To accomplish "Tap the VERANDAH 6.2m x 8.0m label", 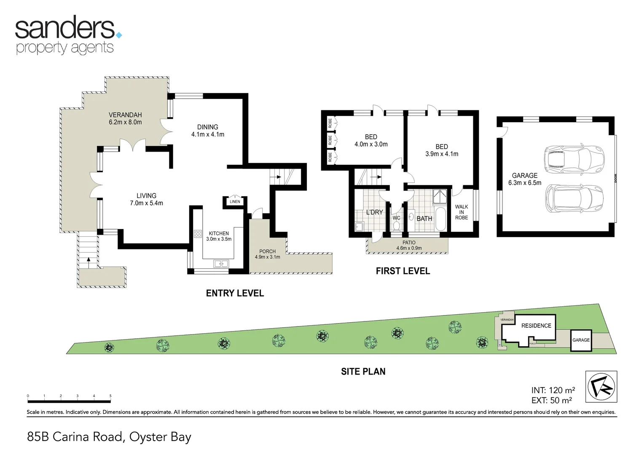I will (x=125, y=118).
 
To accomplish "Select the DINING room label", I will (x=208, y=131).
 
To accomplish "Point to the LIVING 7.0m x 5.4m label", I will (x=146, y=199).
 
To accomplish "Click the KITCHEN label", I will (x=219, y=236).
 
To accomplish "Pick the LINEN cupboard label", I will (x=235, y=202).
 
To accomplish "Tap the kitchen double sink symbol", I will (x=221, y=264).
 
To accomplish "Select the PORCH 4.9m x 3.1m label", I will (x=267, y=254).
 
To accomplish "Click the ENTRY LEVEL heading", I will (x=235, y=293).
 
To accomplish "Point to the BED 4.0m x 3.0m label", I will (x=371, y=140).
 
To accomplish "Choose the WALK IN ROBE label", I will (x=462, y=212).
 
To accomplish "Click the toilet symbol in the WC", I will (x=396, y=226).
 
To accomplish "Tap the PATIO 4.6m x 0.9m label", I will (x=409, y=245).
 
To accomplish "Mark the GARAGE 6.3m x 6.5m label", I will (x=525, y=179).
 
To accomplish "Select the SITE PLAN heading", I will (x=363, y=372).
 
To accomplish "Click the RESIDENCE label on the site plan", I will (x=536, y=326).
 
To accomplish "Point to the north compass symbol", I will (x=601, y=386).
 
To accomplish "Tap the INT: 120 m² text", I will (x=553, y=390).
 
